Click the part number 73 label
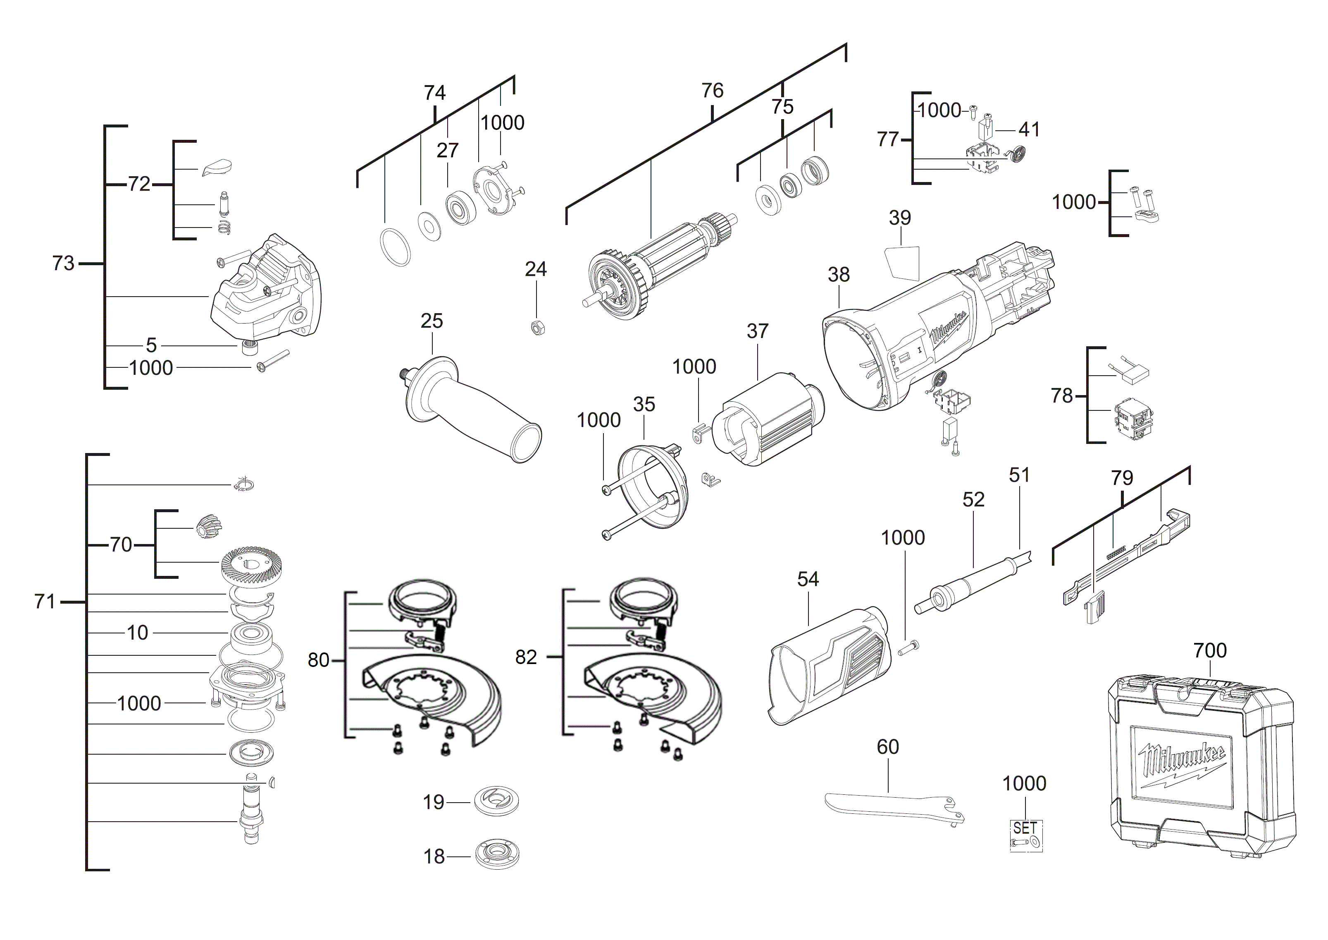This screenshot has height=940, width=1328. [63, 264]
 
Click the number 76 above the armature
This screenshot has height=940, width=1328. [712, 91]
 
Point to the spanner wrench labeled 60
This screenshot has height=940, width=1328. [894, 808]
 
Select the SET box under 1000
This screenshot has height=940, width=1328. [1025, 836]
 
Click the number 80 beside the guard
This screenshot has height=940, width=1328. [318, 660]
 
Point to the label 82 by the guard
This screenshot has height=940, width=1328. [526, 657]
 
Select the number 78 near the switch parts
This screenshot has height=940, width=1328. [1062, 396]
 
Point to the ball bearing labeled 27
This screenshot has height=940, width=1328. [460, 206]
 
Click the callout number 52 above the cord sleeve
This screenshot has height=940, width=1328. [973, 499]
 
